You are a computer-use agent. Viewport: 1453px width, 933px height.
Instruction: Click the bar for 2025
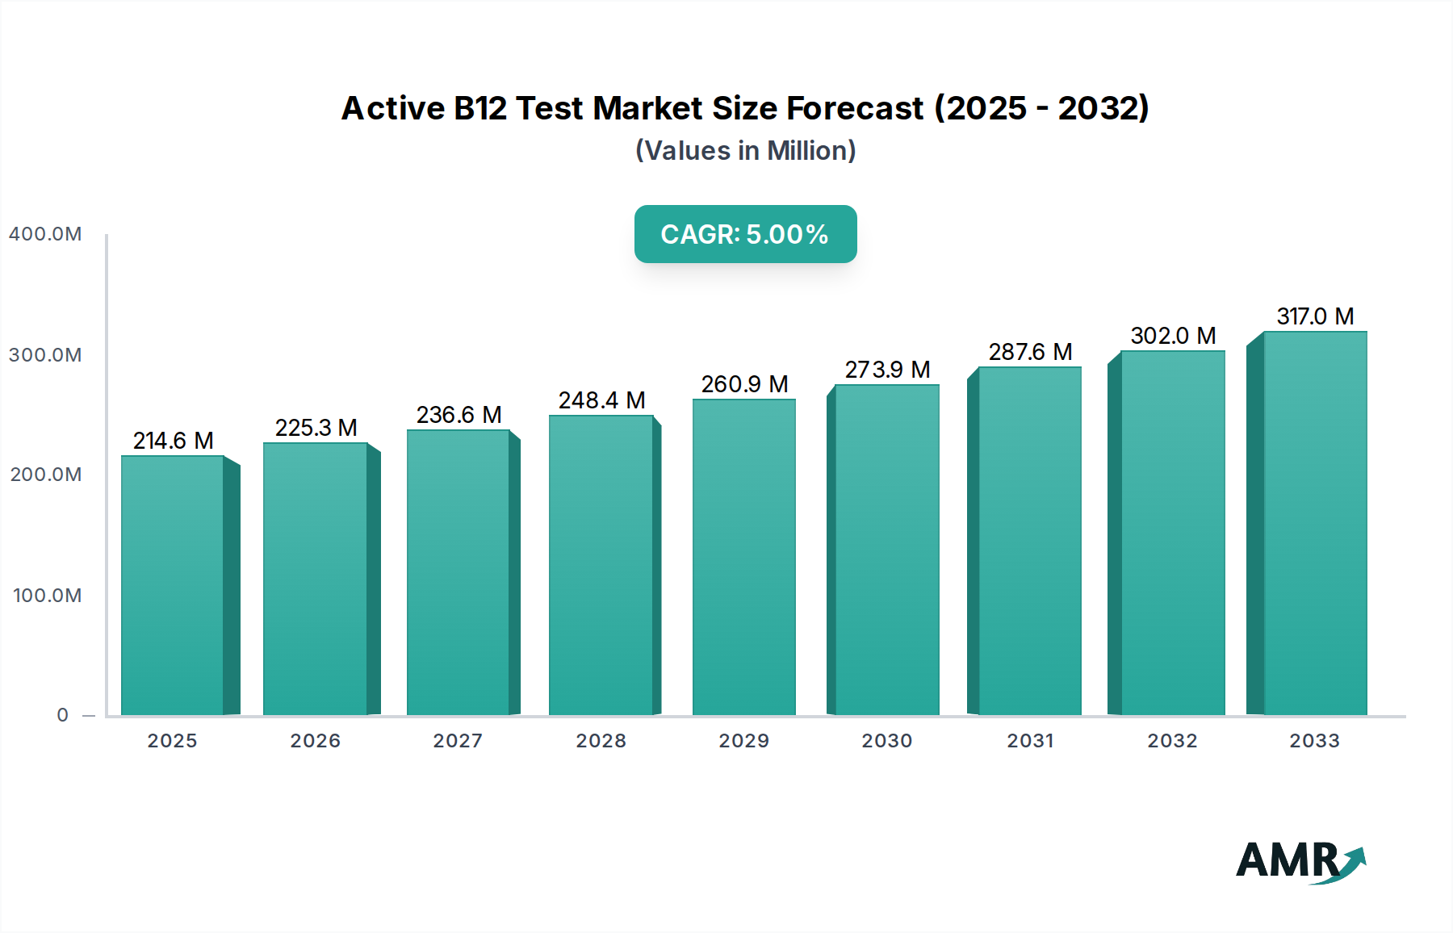click(x=173, y=585)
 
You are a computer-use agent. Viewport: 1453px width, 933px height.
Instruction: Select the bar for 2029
click(x=743, y=557)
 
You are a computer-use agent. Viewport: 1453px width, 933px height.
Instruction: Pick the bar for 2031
click(x=1029, y=541)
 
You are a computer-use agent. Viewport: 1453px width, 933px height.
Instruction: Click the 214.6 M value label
click(x=173, y=441)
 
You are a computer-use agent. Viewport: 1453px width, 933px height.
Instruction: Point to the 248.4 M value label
click(x=601, y=400)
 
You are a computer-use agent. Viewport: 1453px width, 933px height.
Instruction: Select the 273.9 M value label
click(x=887, y=370)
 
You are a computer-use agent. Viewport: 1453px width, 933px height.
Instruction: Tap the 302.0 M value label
click(x=1173, y=336)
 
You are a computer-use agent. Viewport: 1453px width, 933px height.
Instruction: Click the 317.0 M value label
click(x=1315, y=316)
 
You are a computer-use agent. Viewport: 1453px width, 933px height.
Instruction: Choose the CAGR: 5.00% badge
click(x=745, y=234)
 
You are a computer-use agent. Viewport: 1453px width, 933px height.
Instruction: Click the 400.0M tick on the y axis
click(x=45, y=234)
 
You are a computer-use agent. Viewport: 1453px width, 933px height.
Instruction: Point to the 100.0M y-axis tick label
click(x=47, y=596)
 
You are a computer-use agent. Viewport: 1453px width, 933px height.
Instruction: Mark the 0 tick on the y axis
click(x=63, y=715)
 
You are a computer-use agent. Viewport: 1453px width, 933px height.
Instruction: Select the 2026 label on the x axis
click(x=316, y=741)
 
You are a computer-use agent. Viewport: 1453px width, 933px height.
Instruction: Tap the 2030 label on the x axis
click(x=887, y=741)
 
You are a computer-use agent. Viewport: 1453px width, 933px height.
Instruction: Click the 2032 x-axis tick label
click(x=1173, y=741)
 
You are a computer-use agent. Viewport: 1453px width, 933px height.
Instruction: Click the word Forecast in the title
click(x=855, y=108)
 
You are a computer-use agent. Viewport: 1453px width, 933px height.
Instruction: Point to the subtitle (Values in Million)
click(x=745, y=151)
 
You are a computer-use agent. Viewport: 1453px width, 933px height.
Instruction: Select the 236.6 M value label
click(x=459, y=415)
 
